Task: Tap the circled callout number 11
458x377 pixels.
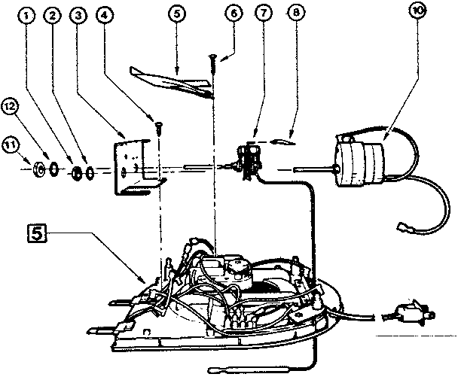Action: pos(11,143)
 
